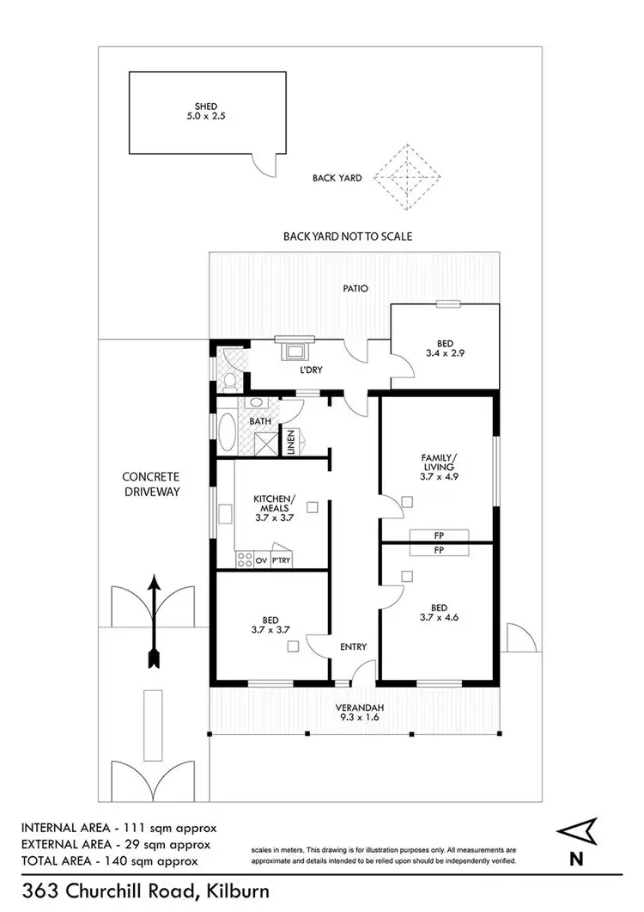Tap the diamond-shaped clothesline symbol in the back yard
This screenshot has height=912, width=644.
click(x=409, y=178)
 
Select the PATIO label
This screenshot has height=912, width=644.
click(x=355, y=289)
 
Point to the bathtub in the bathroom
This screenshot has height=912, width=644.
click(x=227, y=433)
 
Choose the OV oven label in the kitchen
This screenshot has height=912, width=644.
click(x=260, y=560)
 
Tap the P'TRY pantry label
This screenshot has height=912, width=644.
click(x=281, y=560)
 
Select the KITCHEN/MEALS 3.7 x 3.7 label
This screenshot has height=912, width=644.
click(x=274, y=508)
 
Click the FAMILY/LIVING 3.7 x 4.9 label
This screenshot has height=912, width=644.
click(x=437, y=466)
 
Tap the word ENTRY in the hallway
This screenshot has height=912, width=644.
click(x=353, y=647)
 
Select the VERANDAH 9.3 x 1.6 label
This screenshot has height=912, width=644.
click(x=359, y=713)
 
